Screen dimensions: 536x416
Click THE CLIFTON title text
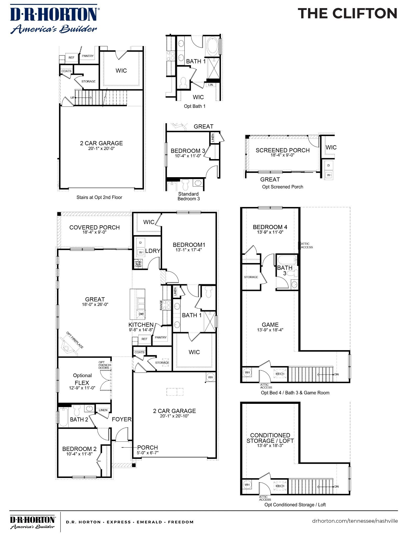(347, 14)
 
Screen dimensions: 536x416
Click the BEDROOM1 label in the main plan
(189, 245)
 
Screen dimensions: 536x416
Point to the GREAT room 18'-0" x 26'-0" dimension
(95, 304)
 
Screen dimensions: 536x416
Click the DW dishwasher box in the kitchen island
(141, 314)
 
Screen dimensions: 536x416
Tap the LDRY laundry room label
(153, 251)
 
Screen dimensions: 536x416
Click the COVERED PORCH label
(94, 227)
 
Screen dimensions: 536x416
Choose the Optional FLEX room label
(82, 379)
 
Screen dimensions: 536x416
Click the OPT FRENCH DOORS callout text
(105, 365)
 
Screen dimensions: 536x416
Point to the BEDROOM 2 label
(79, 449)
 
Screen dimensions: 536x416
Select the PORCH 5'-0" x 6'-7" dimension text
(147, 453)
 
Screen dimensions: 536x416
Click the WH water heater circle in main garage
(210, 377)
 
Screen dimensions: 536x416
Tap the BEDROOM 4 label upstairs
(270, 227)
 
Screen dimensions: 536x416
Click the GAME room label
(270, 325)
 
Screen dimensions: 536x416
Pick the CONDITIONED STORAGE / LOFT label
(270, 438)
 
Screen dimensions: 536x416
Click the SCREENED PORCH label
(282, 150)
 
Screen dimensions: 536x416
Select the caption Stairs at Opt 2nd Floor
(99, 197)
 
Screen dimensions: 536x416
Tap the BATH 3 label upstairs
(284, 270)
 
